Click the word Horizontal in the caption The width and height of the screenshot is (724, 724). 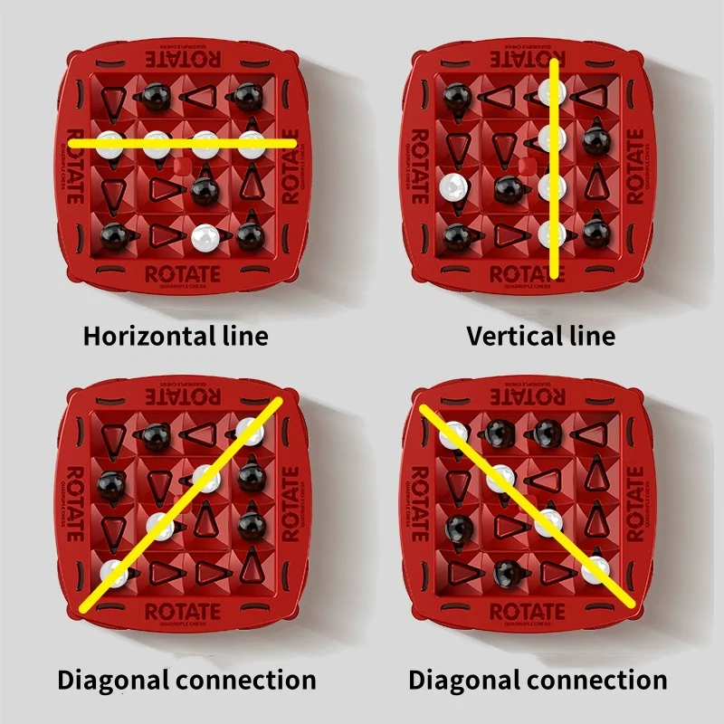138,337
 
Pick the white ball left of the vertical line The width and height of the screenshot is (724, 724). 452,187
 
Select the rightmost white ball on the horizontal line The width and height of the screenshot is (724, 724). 251,140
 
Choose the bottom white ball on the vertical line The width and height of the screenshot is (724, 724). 551,233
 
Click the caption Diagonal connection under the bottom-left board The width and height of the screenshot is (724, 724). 186,680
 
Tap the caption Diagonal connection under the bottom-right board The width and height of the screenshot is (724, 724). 538,680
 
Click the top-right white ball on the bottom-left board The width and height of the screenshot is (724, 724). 250,432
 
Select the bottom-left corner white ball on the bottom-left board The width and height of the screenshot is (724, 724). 114,572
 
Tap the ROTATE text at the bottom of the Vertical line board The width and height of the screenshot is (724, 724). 529,274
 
